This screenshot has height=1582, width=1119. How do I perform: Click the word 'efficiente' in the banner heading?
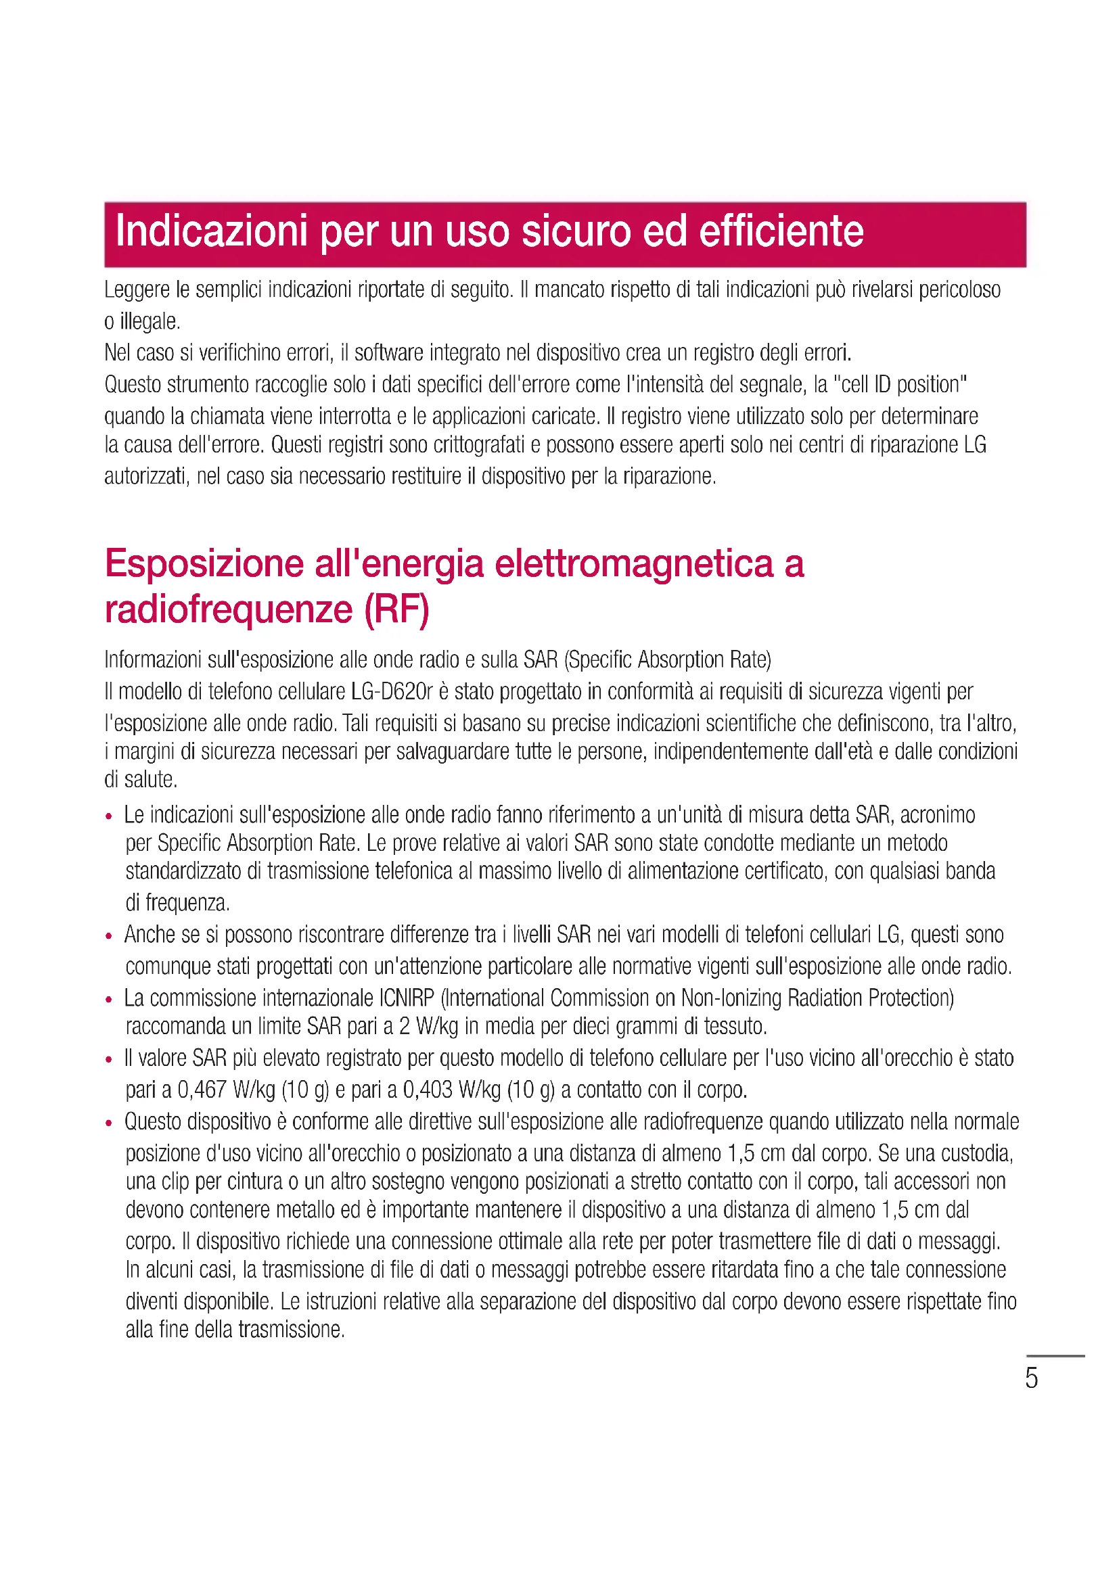(781, 231)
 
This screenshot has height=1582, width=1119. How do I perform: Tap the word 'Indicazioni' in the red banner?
(211, 231)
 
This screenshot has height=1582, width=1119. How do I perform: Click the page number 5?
(1031, 1378)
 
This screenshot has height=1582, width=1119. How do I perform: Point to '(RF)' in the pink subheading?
(396, 610)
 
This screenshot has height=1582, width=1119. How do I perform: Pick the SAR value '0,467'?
(202, 1090)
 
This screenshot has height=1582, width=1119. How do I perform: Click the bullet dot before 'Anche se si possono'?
(109, 936)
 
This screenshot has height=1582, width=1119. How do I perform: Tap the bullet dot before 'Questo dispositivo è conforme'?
(109, 1123)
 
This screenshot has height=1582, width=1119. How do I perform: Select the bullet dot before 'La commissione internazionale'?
(109, 1000)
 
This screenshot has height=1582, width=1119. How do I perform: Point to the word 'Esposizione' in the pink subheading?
(204, 563)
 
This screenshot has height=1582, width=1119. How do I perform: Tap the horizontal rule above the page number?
(1055, 1355)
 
